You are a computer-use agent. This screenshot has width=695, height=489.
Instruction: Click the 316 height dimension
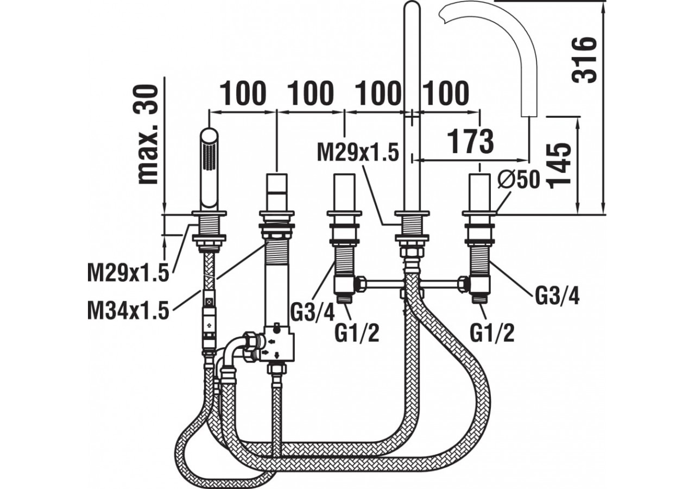pyautogui.click(x=585, y=60)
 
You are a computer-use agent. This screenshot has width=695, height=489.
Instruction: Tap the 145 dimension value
pyautogui.click(x=560, y=165)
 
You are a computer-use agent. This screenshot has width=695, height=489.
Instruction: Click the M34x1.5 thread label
pyautogui.click(x=128, y=312)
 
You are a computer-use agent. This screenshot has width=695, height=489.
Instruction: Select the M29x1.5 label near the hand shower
pyautogui.click(x=128, y=273)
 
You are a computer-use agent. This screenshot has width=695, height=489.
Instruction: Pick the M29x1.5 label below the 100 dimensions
pyautogui.click(x=358, y=152)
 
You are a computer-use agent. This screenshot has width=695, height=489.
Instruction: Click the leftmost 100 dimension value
pyautogui.click(x=243, y=93)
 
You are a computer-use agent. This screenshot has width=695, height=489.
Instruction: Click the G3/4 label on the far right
pyautogui.click(x=557, y=296)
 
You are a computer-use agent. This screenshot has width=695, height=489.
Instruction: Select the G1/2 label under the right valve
pyautogui.click(x=492, y=333)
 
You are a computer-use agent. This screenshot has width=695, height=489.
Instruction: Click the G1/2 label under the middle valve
pyautogui.click(x=356, y=333)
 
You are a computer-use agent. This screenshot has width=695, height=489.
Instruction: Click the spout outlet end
pyautogui.click(x=528, y=111)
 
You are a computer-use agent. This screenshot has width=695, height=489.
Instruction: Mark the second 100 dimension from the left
pyautogui.click(x=310, y=93)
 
